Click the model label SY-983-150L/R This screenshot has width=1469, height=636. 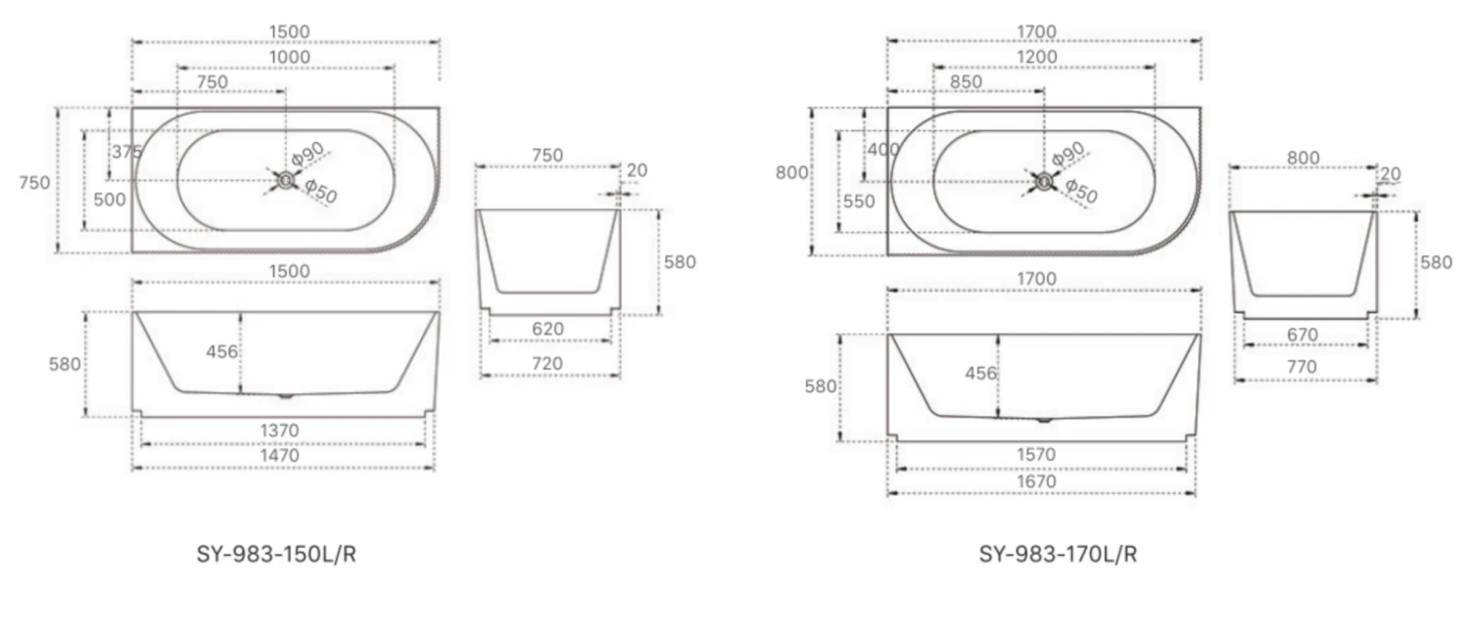277,555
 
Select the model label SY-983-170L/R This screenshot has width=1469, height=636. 1058,555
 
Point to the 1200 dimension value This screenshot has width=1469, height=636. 1036,58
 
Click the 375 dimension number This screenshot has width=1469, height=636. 126,153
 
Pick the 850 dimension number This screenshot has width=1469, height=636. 966,82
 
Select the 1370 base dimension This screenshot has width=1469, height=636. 279,431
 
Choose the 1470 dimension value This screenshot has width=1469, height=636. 279,455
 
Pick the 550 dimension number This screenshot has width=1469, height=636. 859,202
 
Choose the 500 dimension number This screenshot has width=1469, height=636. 111,200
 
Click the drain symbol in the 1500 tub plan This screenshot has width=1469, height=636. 285,179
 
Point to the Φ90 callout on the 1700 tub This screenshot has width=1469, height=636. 1067,154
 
